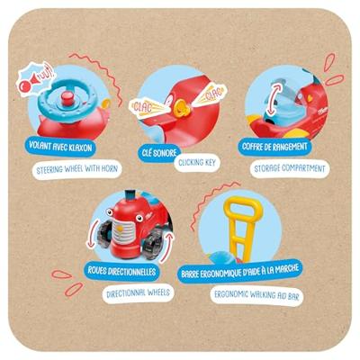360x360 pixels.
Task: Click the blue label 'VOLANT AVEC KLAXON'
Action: point(60,147)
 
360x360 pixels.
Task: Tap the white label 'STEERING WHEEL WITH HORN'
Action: point(76,169)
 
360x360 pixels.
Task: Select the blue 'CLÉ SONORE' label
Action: point(159,153)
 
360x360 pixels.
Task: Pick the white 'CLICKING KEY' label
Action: point(197,163)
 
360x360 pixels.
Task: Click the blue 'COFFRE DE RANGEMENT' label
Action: point(274,147)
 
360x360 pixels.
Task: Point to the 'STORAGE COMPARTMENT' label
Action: point(290,168)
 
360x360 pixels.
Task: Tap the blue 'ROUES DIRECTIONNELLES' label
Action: point(121,271)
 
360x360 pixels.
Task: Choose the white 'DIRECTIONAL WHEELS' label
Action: point(138,292)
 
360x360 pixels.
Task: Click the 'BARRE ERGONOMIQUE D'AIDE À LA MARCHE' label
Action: point(240,271)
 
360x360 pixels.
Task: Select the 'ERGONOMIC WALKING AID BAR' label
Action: point(256,295)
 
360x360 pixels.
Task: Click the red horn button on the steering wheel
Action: point(67,98)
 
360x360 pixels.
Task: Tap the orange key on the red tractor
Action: point(181,108)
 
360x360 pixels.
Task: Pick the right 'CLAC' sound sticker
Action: point(210,94)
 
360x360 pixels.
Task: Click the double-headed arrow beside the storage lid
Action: point(273,99)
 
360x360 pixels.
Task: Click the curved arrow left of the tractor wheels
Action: point(92,234)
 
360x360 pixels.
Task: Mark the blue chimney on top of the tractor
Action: point(130,194)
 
